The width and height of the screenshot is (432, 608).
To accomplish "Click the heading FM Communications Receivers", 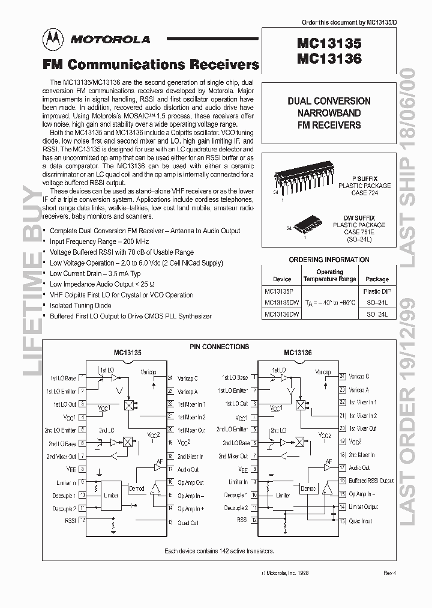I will [150, 64].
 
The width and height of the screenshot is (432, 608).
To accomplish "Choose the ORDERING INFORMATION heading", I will [329, 260].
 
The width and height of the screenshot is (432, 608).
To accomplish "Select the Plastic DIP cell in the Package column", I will [377, 291].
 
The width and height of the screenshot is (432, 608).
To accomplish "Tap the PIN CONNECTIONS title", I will [219, 347].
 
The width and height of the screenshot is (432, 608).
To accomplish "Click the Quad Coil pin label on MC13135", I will [188, 523].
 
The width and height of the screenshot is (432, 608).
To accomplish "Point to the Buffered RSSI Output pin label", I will [371, 481].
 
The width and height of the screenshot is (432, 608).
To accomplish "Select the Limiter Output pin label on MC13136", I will [364, 507].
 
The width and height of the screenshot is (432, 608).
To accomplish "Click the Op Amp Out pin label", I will [191, 482].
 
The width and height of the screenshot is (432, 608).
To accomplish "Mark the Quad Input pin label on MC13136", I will [360, 521].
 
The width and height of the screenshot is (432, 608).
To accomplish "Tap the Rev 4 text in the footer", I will [390, 573].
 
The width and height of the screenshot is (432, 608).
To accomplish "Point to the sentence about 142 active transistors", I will [220, 550].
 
